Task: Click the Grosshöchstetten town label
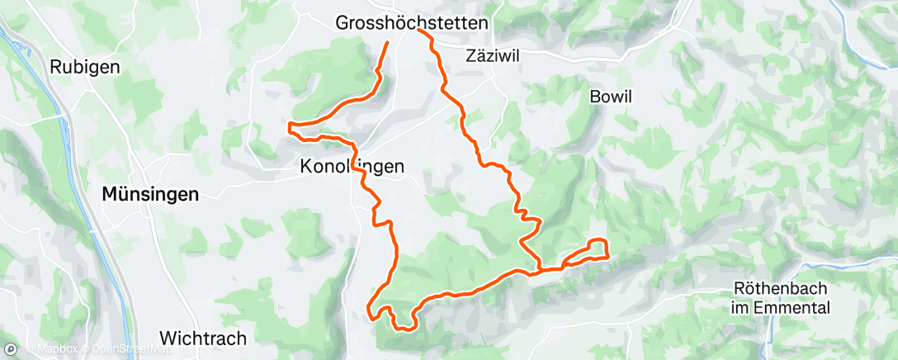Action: click(412, 24)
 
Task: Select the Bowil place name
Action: click(611, 97)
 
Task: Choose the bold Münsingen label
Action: click(149, 195)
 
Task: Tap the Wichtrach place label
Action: click(202, 339)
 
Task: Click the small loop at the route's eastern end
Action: click(598, 249)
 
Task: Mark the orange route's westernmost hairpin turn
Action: click(289, 126)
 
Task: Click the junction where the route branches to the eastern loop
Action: click(541, 268)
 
